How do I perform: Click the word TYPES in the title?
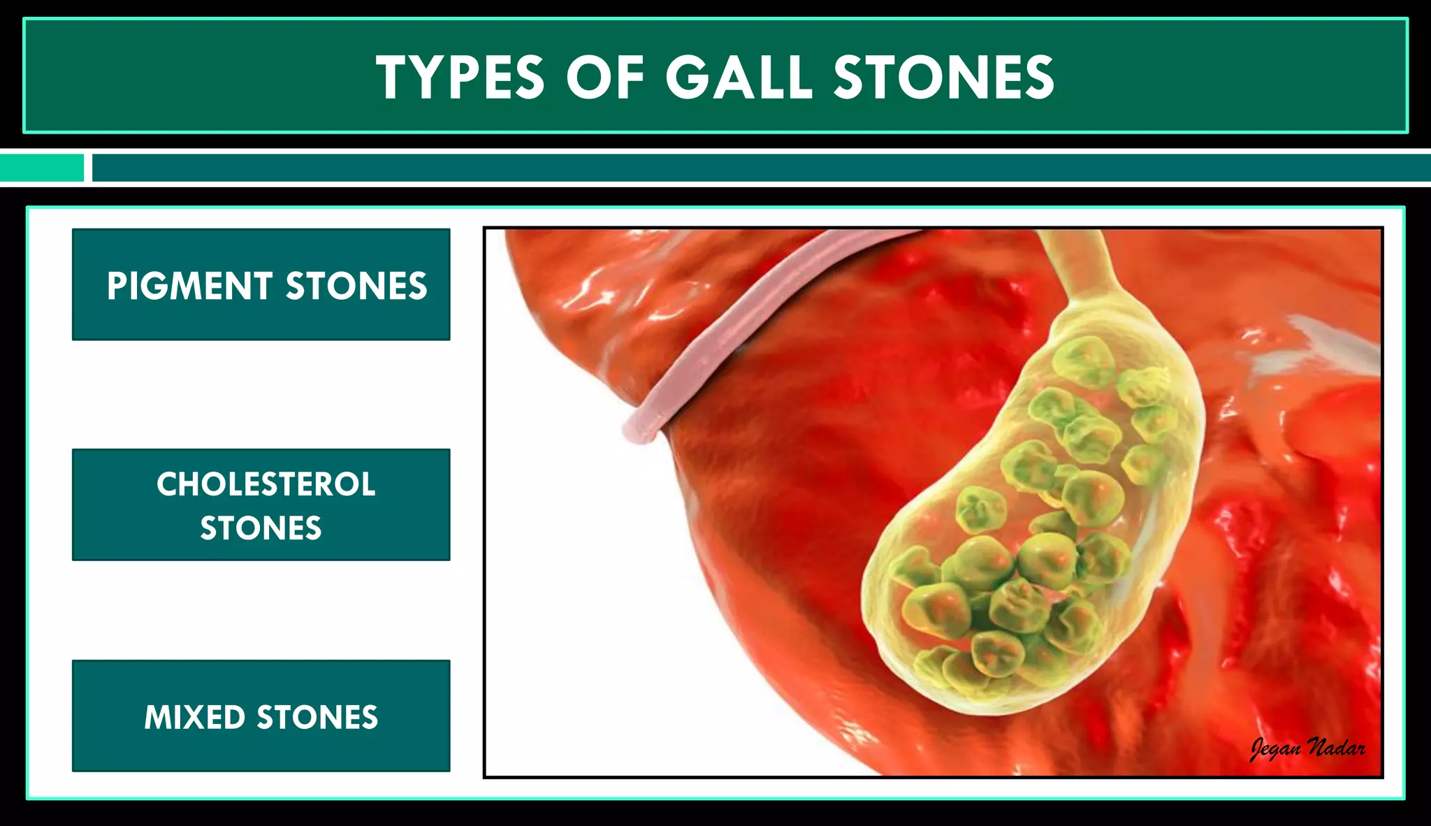pyautogui.click(x=460, y=78)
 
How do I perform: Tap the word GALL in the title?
pyautogui.click(x=739, y=78)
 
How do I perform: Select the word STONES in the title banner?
pyautogui.click(x=944, y=78)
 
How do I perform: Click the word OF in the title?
pyautogui.click(x=605, y=78)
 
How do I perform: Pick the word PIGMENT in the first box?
pyautogui.click(x=189, y=286)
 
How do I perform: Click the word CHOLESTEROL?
pyautogui.click(x=266, y=484)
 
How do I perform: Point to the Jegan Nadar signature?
pyautogui.click(x=1307, y=748)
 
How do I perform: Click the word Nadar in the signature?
pyautogui.click(x=1336, y=748)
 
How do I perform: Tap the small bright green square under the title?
pyautogui.click(x=41, y=168)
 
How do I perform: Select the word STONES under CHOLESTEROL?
pyautogui.click(x=261, y=528)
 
